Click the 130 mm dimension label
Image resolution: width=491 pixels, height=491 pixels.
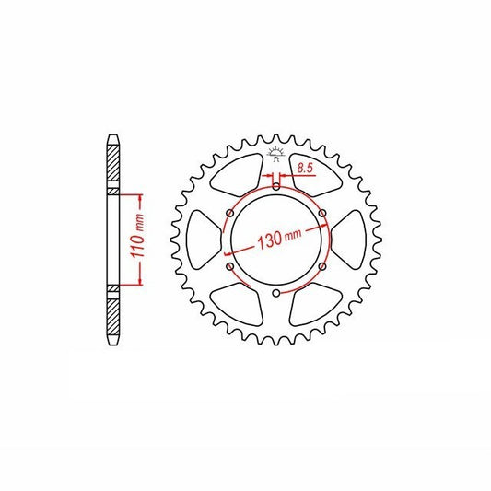point(279,238)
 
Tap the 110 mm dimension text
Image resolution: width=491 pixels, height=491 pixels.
point(137,236)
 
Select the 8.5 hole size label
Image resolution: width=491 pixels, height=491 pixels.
point(305,169)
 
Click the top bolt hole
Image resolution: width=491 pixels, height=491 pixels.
point(275,187)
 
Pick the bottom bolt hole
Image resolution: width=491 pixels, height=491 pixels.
point(275,293)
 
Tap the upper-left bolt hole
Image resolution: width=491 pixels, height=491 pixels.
point(230,214)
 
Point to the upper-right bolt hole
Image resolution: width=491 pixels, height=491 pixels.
point(322,214)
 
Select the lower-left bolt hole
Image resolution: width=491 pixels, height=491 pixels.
point(230,266)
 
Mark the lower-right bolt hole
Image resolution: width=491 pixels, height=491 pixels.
point(322,266)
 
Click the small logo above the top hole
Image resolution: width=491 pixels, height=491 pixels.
point(275,155)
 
